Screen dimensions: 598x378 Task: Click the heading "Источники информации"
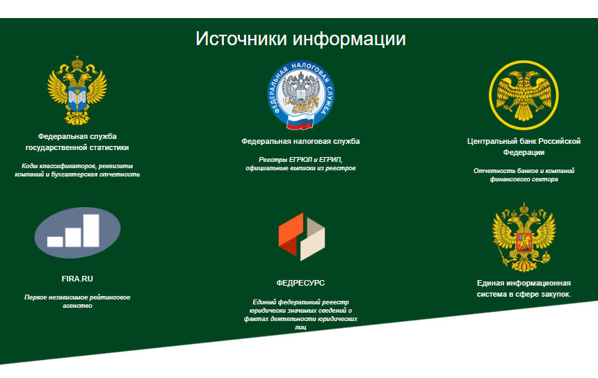[300, 39]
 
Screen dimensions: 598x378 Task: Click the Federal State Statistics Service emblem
[77, 90]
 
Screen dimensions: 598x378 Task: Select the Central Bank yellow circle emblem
[524, 95]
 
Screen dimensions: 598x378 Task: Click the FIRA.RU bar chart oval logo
[77, 233]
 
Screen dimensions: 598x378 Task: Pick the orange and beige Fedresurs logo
[302, 237]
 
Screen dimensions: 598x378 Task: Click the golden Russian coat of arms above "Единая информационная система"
[524, 237]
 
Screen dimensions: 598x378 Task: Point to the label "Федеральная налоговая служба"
[300, 141]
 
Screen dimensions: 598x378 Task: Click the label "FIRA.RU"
[77, 279]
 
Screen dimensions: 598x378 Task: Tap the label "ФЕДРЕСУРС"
[300, 283]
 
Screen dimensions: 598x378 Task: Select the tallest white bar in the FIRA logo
[92, 230]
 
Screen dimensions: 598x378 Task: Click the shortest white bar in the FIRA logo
[56, 242]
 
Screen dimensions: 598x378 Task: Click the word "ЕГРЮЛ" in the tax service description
[301, 160]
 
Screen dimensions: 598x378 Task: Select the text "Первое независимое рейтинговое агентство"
[77, 302]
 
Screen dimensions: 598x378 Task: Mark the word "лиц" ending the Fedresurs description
[300, 327]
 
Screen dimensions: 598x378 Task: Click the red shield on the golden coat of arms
[524, 243]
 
